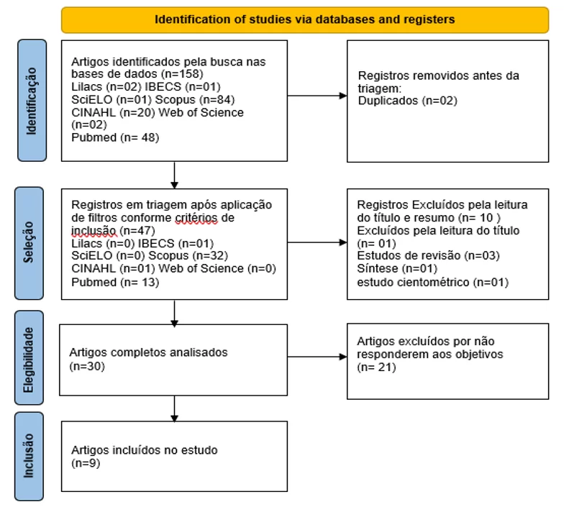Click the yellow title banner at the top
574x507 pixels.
[x=305, y=19]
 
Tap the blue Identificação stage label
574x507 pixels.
[x=32, y=100]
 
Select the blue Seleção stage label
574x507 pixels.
[x=29, y=243]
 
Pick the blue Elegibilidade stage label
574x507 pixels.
[x=29, y=358]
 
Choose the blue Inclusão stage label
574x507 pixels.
[x=29, y=456]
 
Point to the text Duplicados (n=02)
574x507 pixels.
[x=407, y=101]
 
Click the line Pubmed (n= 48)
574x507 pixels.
[x=115, y=137]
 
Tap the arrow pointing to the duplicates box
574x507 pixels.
[x=317, y=96]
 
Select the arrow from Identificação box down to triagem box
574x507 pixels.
[x=175, y=175]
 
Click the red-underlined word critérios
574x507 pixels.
[x=196, y=218]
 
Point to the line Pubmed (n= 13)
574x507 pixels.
[x=115, y=282]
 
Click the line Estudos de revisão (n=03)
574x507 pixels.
[x=428, y=255]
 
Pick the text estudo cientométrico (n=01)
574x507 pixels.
[x=433, y=282]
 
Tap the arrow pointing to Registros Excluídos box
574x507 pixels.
[x=317, y=242]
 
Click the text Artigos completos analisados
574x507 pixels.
[x=148, y=352]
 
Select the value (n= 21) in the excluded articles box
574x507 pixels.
[x=376, y=367]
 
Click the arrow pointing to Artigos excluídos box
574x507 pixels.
[x=317, y=357]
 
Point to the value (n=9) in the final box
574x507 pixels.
[x=86, y=463]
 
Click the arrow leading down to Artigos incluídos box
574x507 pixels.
[x=175, y=408]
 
